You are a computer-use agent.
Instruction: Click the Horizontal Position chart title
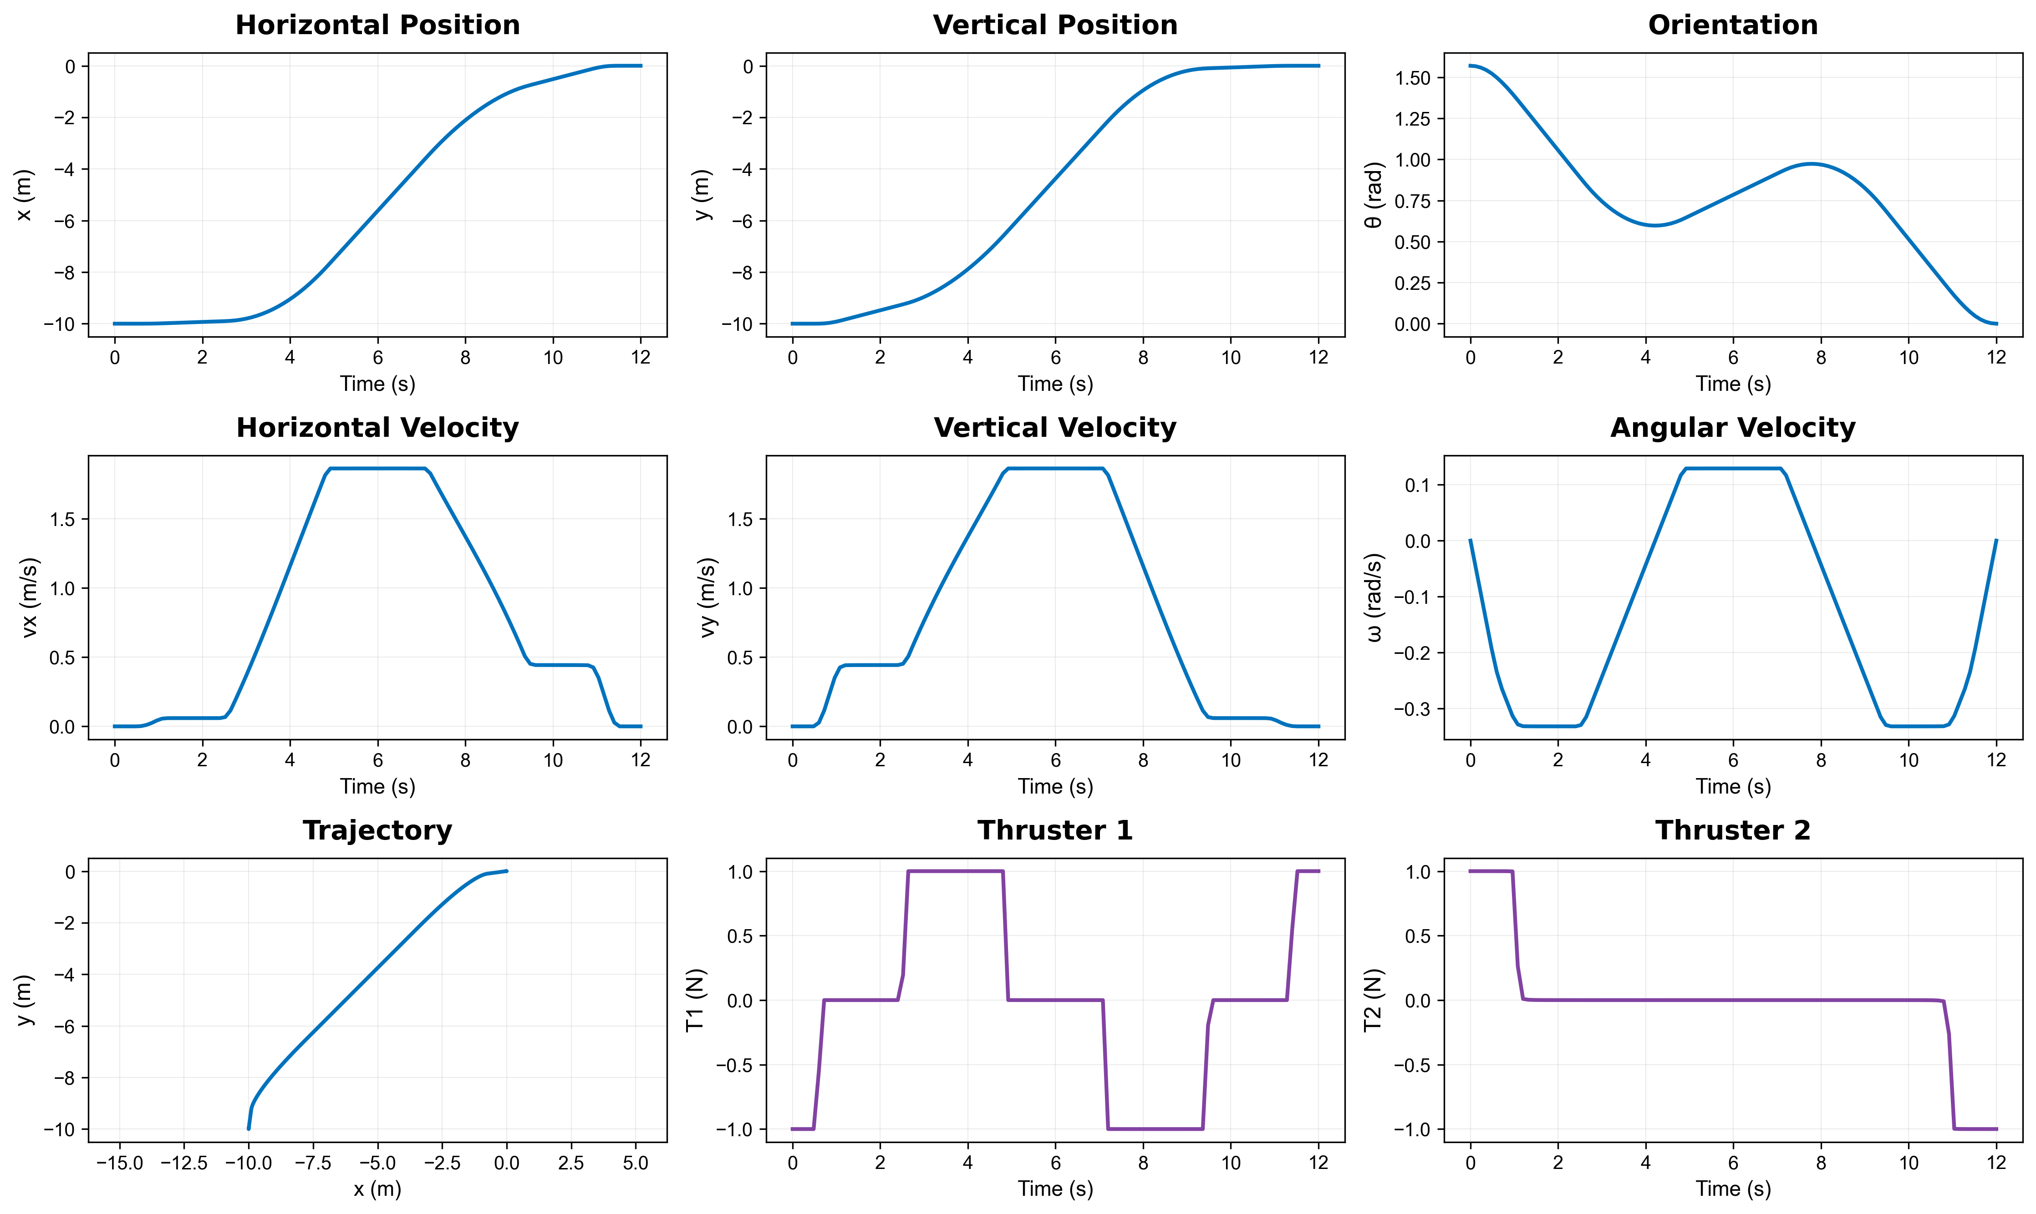click(x=377, y=25)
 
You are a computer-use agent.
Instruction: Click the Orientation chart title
click(x=1732, y=25)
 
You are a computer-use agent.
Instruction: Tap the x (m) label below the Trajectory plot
click(x=377, y=1189)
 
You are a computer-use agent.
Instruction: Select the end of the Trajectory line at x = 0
click(x=507, y=871)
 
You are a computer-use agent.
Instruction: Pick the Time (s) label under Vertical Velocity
click(x=1055, y=787)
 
